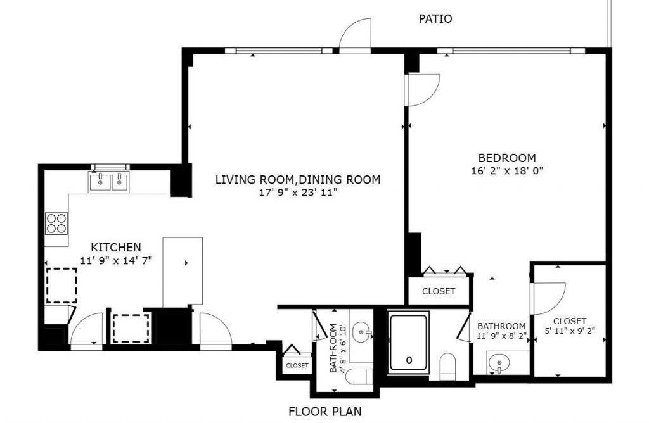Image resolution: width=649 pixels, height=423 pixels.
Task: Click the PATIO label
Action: tap(435, 19)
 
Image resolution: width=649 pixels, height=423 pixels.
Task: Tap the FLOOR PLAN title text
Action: tap(325, 412)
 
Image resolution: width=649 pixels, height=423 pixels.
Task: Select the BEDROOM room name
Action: tap(506, 158)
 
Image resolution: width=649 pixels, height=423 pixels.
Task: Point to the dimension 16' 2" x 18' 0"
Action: tap(506, 170)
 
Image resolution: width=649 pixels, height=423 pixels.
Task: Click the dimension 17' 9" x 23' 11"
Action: tap(298, 193)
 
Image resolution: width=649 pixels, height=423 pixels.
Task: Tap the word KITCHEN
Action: tap(115, 247)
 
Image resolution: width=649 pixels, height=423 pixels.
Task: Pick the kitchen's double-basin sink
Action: tap(108, 182)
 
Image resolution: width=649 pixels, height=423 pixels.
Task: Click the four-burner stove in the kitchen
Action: tap(56, 222)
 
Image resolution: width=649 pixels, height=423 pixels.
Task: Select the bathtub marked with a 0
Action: tap(408, 342)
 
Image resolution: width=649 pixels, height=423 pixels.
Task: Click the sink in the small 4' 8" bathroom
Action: tap(363, 331)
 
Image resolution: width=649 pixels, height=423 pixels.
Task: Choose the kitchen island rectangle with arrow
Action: tap(183, 271)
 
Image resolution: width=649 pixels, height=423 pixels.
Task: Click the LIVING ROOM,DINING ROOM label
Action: tap(298, 180)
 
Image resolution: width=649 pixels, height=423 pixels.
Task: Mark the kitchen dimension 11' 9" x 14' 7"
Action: tap(115, 260)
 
